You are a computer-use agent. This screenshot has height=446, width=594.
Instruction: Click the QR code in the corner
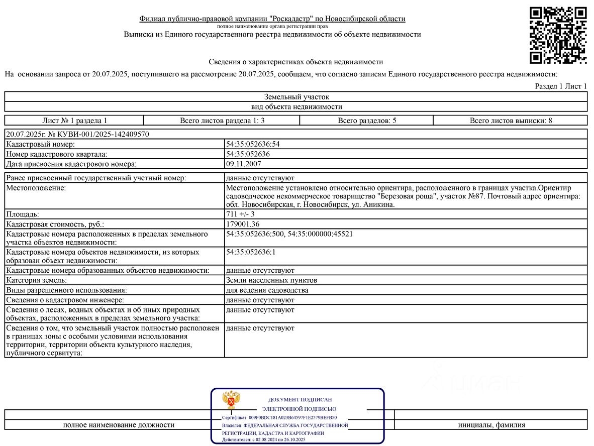click(558, 35)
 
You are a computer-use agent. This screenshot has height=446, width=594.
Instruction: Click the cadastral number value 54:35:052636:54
click(253, 144)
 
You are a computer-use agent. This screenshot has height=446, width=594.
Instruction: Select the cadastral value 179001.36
click(243, 224)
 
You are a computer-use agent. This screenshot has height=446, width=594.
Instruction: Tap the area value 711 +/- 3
click(241, 214)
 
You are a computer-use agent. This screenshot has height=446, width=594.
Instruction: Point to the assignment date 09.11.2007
click(244, 164)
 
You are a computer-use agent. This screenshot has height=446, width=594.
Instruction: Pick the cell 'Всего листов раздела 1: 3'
click(222, 121)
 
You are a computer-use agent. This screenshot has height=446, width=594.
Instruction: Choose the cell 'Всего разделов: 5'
click(366, 121)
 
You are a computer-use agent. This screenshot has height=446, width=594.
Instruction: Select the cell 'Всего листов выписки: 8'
click(511, 121)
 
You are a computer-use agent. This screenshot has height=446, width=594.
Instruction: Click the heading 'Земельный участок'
click(296, 97)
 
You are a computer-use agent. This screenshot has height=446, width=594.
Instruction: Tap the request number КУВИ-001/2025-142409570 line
click(77, 134)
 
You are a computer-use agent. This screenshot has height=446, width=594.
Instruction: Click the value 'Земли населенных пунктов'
click(271, 280)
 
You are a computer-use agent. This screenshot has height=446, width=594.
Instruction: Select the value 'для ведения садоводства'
click(267, 290)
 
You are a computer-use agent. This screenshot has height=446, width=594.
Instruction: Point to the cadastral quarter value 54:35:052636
click(248, 154)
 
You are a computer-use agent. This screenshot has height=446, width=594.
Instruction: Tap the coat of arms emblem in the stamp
click(231, 400)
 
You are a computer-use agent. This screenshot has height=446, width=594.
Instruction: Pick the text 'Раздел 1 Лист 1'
click(561, 86)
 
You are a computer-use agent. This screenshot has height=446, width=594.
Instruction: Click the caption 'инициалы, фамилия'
click(491, 425)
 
